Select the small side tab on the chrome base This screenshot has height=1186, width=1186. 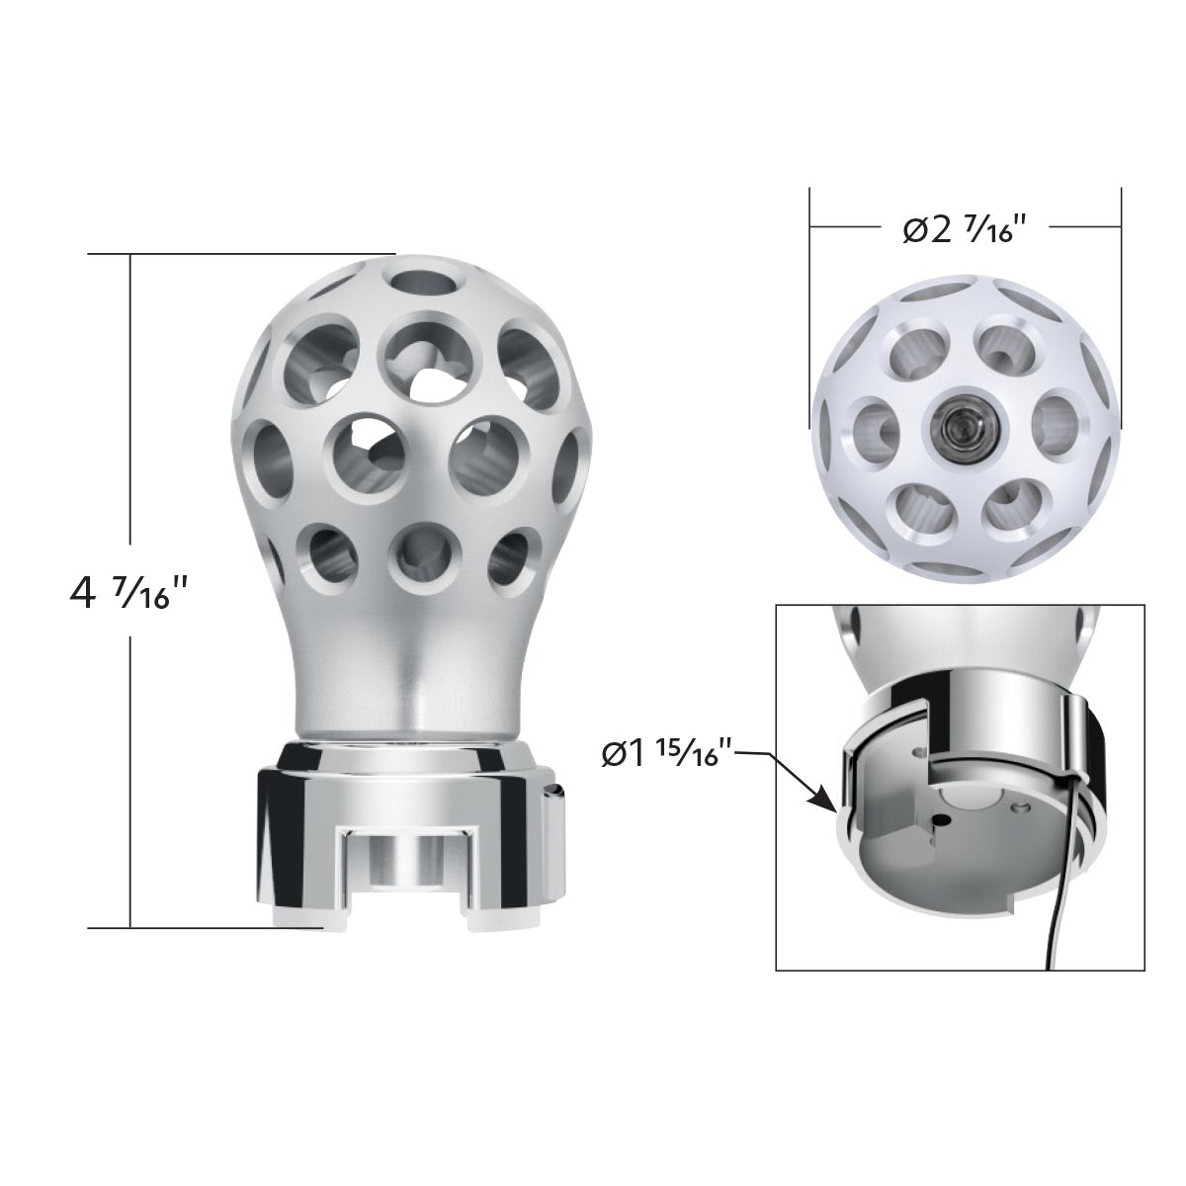tap(557, 801)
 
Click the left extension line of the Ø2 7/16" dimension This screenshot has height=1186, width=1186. tap(809, 296)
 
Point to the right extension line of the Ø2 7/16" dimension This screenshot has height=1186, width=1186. tap(1121, 296)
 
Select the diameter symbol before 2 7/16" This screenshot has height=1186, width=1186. tap(915, 230)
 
